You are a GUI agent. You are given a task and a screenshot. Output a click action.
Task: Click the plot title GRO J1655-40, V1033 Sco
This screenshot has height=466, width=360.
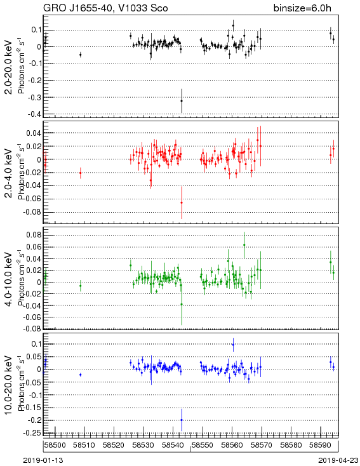pos(105,8)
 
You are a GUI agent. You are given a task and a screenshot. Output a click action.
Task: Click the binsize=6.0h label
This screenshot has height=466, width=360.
pos(302,8)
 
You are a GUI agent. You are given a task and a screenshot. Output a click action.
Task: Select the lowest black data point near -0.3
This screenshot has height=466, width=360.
pos(182,101)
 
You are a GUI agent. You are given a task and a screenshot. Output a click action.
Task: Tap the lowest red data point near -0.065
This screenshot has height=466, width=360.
pos(182,203)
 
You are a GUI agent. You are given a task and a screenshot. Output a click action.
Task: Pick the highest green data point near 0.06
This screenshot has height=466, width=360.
pos(244,245)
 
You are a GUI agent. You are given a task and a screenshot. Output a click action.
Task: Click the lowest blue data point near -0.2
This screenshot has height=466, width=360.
pos(182,420)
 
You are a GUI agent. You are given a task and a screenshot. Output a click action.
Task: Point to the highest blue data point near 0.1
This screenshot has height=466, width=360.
pos(233,345)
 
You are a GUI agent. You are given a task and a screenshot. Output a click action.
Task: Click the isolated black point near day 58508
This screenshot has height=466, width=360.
pos(80,55)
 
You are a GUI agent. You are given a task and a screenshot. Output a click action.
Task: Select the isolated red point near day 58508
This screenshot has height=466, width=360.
pos(80,173)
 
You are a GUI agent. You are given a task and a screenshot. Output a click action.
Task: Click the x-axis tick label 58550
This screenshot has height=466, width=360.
pos(202,445)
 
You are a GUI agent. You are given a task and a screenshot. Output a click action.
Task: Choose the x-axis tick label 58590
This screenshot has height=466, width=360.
pos(320,445)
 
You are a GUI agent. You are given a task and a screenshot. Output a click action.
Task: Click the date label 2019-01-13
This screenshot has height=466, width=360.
pos(43,460)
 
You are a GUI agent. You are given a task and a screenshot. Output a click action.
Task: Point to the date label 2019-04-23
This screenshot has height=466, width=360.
pos(338,460)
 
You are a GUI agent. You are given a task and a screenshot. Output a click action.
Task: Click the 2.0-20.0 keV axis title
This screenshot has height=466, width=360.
pos(9,67)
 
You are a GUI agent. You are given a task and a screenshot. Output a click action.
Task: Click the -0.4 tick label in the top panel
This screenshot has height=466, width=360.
pos(34,114)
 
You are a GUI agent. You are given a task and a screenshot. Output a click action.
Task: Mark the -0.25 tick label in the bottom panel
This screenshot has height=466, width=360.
pos(33,433)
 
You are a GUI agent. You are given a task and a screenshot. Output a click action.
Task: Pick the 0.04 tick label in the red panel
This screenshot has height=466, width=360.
pos(34,133)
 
